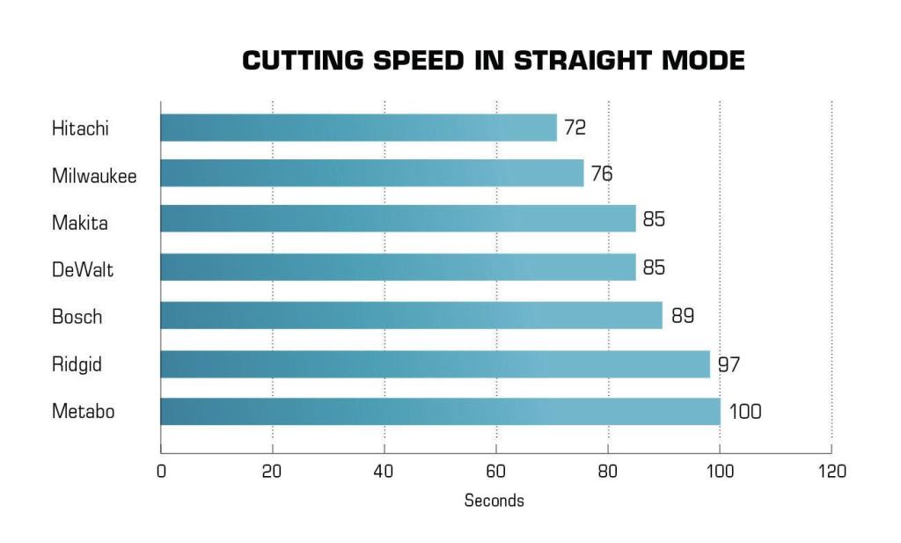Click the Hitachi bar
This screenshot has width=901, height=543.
[358, 128]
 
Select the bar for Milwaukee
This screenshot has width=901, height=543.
[371, 173]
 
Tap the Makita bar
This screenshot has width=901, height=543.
[398, 219]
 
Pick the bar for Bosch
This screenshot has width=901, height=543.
[411, 315]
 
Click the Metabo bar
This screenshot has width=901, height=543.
[440, 411]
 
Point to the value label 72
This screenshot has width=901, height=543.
[575, 128]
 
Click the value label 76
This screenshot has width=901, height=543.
[602, 173]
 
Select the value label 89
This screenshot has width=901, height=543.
[683, 315]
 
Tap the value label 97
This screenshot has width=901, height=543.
[728, 363]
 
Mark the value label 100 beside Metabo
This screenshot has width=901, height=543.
[744, 411]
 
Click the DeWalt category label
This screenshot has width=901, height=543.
[82, 269]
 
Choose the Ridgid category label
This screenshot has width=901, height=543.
[77, 363]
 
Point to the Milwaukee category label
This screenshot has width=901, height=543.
[94, 176]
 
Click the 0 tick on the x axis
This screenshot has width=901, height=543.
[161, 472]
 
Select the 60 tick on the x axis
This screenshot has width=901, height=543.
[495, 472]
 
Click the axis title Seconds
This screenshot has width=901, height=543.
[494, 501]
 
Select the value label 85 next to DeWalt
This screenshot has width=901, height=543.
[654, 268]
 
